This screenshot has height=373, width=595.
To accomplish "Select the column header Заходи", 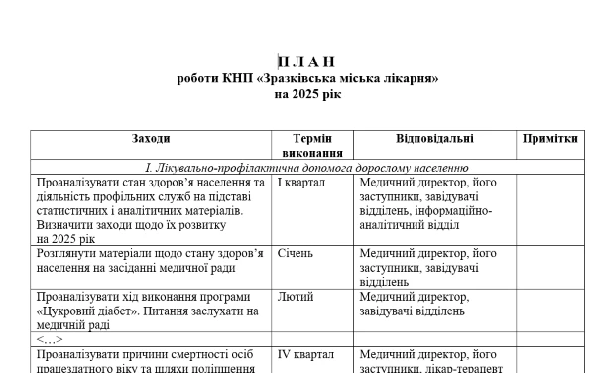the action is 151,139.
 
